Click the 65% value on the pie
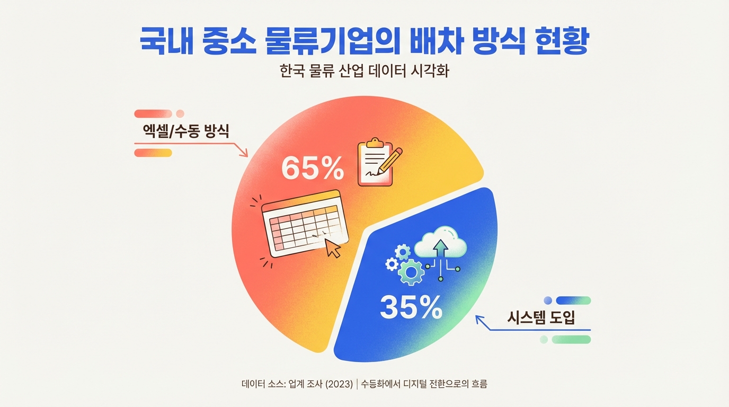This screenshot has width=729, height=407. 313,168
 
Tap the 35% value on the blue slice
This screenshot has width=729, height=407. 411,307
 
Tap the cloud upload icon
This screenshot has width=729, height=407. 440,244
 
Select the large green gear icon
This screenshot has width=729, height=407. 410,273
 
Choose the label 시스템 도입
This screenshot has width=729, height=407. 541,318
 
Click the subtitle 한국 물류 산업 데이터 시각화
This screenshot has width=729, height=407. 364,72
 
